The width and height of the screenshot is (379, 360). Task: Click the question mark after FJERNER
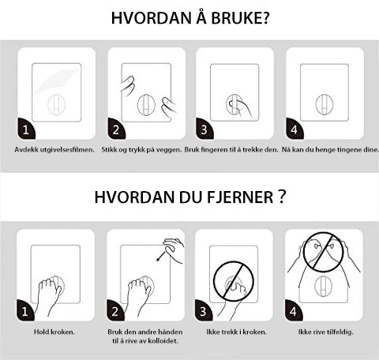click(x=282, y=197)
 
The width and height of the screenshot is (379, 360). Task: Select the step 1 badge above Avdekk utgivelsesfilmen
click(x=26, y=129)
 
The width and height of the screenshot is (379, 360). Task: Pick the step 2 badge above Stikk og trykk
click(x=116, y=129)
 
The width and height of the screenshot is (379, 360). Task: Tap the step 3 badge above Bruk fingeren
click(x=205, y=129)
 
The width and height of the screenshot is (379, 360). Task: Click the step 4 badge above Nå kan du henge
click(x=295, y=129)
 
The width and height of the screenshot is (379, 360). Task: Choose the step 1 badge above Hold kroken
click(x=25, y=310)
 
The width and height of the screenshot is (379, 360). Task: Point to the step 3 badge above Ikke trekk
click(x=204, y=310)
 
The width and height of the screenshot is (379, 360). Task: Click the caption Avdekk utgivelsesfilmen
click(x=54, y=150)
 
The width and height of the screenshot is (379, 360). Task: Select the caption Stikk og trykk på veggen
click(x=141, y=150)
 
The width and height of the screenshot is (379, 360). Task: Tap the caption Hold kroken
click(x=54, y=332)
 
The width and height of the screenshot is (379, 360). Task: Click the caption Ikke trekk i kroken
click(x=237, y=332)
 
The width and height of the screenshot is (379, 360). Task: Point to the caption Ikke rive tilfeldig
click(x=326, y=332)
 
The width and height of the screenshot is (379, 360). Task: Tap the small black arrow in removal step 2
click(x=161, y=256)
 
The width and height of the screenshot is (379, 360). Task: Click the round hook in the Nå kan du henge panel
click(x=325, y=104)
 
